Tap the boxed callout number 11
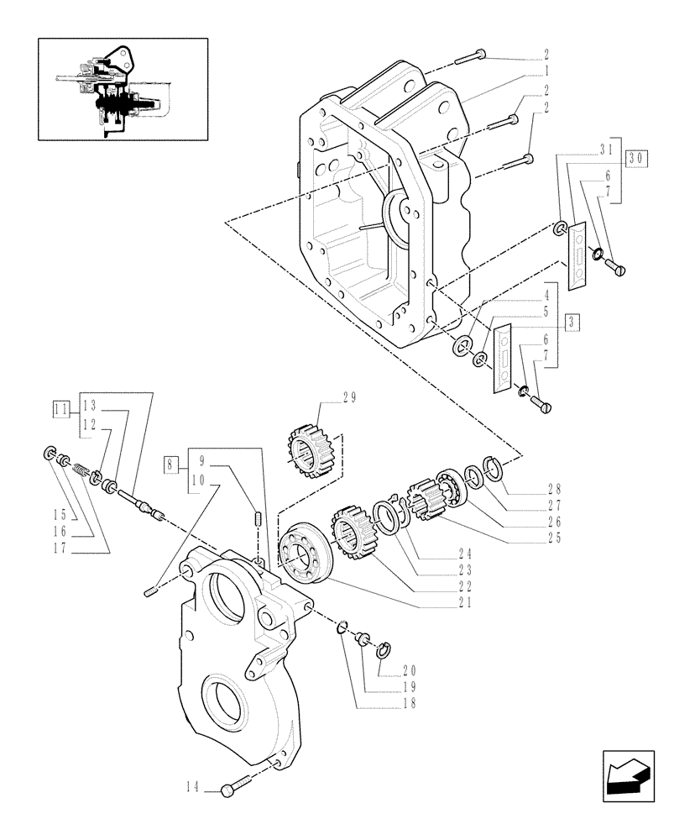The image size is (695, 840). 60,410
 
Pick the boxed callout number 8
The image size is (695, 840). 171,462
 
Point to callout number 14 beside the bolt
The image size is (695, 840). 192,787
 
